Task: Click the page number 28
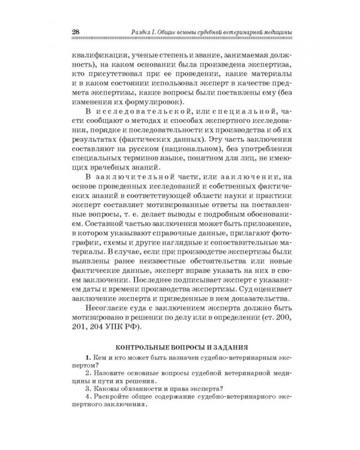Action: [x=76, y=31]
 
